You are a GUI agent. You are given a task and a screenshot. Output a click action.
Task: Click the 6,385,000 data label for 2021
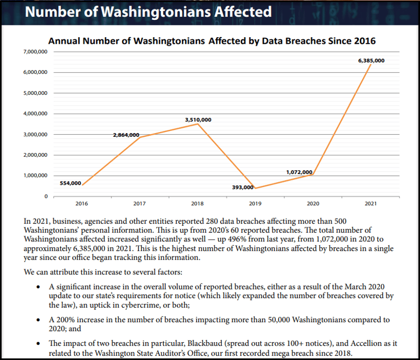tap(371, 61)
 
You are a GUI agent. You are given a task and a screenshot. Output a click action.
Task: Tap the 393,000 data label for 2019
tap(242, 187)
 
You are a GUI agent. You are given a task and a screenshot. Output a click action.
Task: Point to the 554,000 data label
tap(70, 183)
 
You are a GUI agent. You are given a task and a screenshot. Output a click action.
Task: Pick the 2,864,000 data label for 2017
tap(126, 135)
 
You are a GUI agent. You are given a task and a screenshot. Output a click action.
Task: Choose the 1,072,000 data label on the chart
tap(299, 172)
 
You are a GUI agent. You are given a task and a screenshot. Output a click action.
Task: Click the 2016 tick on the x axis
tap(82, 203)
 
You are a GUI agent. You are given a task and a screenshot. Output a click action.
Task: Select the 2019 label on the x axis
tap(255, 203)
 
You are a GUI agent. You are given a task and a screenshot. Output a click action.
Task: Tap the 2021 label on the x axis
tap(371, 203)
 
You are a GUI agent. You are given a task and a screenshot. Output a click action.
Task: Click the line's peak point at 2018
tap(198, 124)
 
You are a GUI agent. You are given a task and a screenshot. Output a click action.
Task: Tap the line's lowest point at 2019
tap(255, 188)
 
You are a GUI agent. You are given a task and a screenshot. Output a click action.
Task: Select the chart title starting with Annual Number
tap(212, 41)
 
